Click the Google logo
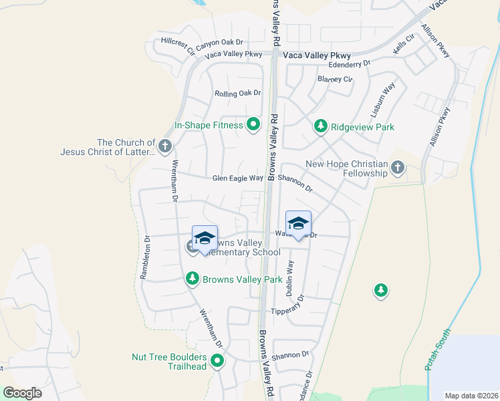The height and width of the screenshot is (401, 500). [x=23, y=393]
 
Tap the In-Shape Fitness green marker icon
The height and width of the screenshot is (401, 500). [x=253, y=124]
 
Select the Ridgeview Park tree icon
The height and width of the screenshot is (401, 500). [x=321, y=126]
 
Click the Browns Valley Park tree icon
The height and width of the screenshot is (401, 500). [x=193, y=279]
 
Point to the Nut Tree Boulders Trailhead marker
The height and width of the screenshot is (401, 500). [x=217, y=362]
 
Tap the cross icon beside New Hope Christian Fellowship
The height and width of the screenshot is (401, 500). [x=398, y=167]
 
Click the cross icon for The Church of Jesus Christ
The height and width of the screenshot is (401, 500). [x=165, y=146]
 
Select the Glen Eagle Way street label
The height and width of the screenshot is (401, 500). [x=237, y=178]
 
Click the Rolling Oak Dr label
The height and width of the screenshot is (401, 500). [x=237, y=94]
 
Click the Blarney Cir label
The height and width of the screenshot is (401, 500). [x=336, y=79]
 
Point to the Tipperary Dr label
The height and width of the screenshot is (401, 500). [x=288, y=308]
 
